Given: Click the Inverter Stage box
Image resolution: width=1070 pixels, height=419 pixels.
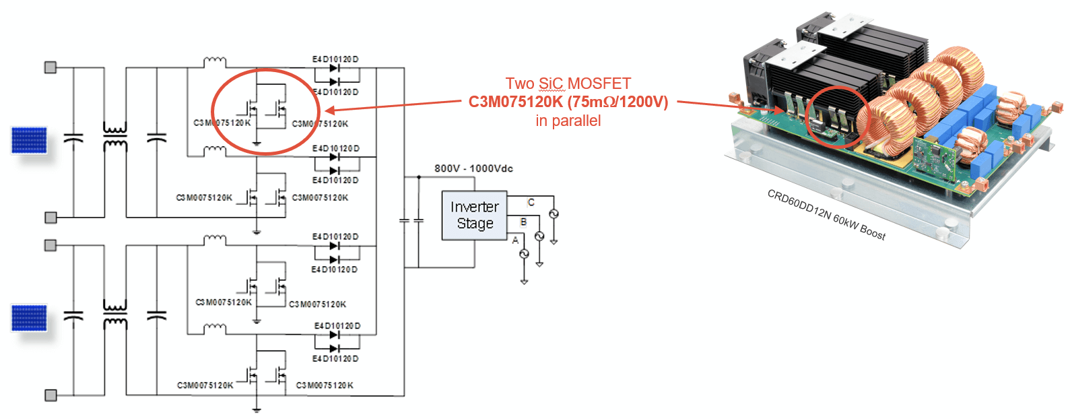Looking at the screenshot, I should [x=474, y=216].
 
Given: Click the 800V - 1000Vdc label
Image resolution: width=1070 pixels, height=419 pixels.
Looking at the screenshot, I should [x=473, y=168].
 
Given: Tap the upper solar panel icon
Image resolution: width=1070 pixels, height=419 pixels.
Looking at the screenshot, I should [x=29, y=140].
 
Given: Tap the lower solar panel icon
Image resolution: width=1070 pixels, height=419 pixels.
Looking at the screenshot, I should [x=29, y=318].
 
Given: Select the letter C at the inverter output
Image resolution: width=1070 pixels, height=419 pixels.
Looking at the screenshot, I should [x=531, y=202].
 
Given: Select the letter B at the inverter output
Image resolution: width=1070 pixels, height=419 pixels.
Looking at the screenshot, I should [x=523, y=222].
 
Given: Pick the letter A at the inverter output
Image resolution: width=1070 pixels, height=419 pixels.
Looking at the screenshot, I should [x=515, y=240].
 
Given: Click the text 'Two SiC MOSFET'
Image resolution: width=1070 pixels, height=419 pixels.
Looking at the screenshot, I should [x=568, y=84].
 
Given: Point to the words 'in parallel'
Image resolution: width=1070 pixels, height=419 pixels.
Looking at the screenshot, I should [x=568, y=121].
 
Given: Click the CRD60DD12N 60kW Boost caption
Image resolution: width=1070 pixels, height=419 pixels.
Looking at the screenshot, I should [x=826, y=214].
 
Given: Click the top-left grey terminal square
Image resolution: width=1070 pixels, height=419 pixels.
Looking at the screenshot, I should [x=51, y=67].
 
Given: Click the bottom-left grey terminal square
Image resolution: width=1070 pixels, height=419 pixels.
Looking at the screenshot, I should [x=51, y=395].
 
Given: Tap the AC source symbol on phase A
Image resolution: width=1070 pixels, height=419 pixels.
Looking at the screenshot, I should [x=524, y=254].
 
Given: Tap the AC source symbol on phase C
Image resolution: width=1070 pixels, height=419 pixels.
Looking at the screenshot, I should [x=554, y=214].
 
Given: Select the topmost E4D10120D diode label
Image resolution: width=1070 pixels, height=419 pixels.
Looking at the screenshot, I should [x=335, y=59].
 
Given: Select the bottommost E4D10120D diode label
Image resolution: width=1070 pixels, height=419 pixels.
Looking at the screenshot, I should [x=335, y=358].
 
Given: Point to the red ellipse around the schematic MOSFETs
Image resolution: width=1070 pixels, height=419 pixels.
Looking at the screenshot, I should [x=213, y=112].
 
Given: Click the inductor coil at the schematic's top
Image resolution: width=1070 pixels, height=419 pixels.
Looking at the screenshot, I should [x=215, y=62].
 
